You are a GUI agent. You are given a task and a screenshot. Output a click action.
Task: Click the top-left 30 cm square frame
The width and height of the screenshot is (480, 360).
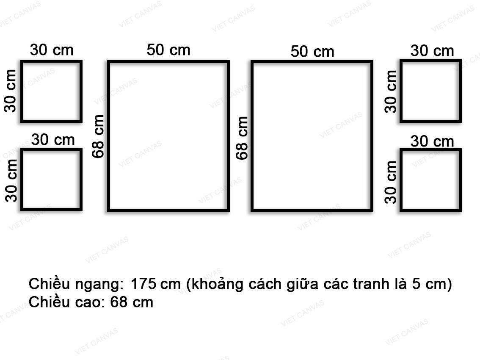pyautogui.click(x=51, y=91)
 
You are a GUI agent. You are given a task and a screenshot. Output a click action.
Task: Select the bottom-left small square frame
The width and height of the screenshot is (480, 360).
pyautogui.click(x=51, y=180)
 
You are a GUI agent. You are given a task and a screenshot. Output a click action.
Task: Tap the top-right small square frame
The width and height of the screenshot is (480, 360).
pyautogui.click(x=430, y=91)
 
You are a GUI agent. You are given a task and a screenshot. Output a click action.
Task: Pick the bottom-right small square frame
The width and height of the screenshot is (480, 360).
pyautogui.click(x=430, y=180)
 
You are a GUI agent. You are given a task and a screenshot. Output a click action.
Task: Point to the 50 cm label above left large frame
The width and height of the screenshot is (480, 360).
pyautogui.click(x=168, y=50)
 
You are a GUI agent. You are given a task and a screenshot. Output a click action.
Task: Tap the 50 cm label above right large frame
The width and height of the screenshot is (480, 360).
pyautogui.click(x=312, y=52)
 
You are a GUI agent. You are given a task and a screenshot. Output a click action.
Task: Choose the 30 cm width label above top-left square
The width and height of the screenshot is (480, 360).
pyautogui.click(x=52, y=50)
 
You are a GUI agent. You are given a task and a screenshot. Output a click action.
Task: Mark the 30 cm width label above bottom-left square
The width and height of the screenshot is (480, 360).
pyautogui.click(x=53, y=139)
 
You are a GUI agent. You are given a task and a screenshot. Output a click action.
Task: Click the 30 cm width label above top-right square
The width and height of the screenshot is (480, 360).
pyautogui.click(x=432, y=51)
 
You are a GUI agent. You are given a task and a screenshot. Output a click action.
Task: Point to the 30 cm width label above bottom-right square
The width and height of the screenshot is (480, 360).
pyautogui.click(x=432, y=141)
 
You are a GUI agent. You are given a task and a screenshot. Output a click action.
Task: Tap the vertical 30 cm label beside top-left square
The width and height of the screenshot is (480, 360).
pyautogui.click(x=11, y=91)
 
